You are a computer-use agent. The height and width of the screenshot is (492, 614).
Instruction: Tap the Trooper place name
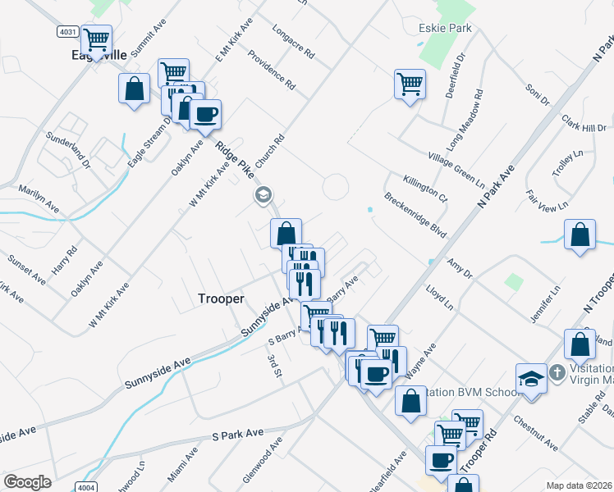click(x=221, y=299)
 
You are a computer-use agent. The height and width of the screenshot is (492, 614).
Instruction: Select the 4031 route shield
click(x=68, y=32)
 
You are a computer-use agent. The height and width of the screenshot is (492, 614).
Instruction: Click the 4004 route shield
click(x=85, y=487)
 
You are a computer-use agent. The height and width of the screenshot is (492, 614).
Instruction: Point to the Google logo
click(x=27, y=482)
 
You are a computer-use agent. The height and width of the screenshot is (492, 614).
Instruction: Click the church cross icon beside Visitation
click(x=557, y=373)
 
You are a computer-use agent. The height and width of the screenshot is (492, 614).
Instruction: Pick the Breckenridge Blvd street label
click(x=415, y=216)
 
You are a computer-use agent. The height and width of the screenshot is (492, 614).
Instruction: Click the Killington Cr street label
click(x=425, y=188)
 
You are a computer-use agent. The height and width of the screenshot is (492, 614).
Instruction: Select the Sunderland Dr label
click(x=66, y=149)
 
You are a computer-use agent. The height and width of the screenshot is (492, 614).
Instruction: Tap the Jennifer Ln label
click(x=555, y=302)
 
